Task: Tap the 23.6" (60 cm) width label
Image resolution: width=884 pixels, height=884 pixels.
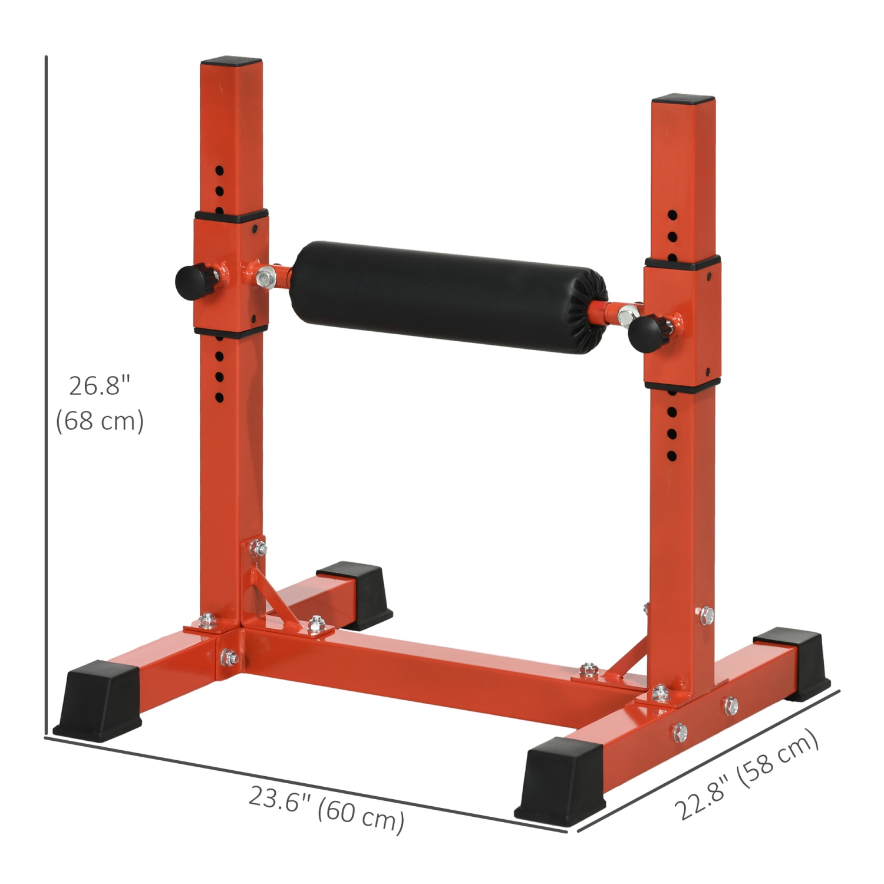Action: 326,808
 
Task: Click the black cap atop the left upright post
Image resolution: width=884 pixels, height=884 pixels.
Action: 231,62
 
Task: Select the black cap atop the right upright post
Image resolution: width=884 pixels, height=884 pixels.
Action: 682,99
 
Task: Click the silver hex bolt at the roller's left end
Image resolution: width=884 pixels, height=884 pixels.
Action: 266,275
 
